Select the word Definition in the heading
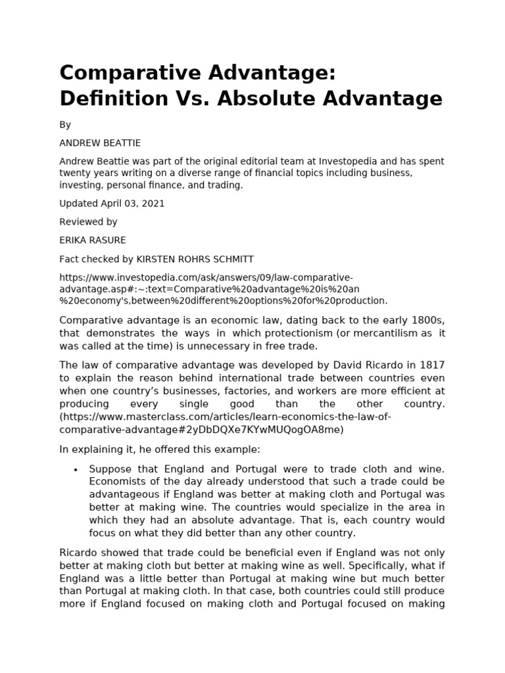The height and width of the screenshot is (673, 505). click(x=114, y=99)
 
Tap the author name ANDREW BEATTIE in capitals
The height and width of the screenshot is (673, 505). click(x=100, y=143)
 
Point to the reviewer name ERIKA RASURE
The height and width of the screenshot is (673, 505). click(x=92, y=241)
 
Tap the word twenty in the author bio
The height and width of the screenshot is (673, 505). click(x=74, y=174)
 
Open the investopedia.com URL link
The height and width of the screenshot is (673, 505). click(x=224, y=289)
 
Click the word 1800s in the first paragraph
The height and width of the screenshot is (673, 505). click(x=427, y=320)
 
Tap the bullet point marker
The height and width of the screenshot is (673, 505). click(x=76, y=470)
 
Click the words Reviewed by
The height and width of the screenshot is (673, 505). click(x=88, y=222)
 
